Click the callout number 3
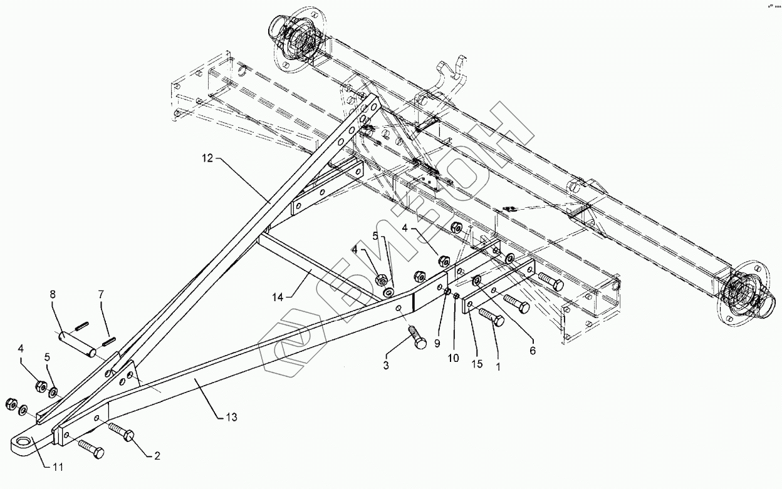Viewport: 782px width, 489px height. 387,365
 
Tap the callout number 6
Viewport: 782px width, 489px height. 533,351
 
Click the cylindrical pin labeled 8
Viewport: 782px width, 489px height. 77,344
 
